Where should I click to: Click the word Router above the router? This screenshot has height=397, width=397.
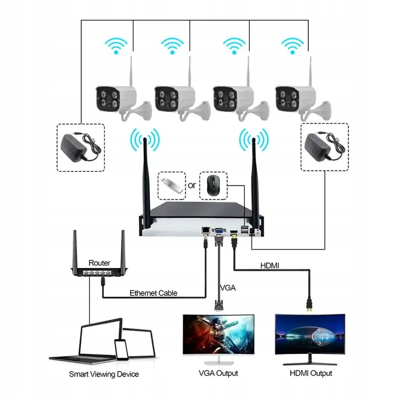click(x=99, y=263)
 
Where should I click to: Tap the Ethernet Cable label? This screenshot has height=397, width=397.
click(x=153, y=293)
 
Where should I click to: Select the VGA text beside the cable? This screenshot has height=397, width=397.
click(x=228, y=288)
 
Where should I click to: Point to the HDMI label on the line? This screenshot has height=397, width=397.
click(x=270, y=265)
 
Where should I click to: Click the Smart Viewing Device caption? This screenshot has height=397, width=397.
click(x=104, y=374)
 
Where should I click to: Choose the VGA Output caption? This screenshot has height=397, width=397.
click(x=218, y=373)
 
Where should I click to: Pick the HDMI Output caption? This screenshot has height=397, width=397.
click(x=311, y=373)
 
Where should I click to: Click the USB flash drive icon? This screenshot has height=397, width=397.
click(x=170, y=184)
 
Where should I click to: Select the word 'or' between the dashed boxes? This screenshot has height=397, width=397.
click(x=192, y=185)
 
